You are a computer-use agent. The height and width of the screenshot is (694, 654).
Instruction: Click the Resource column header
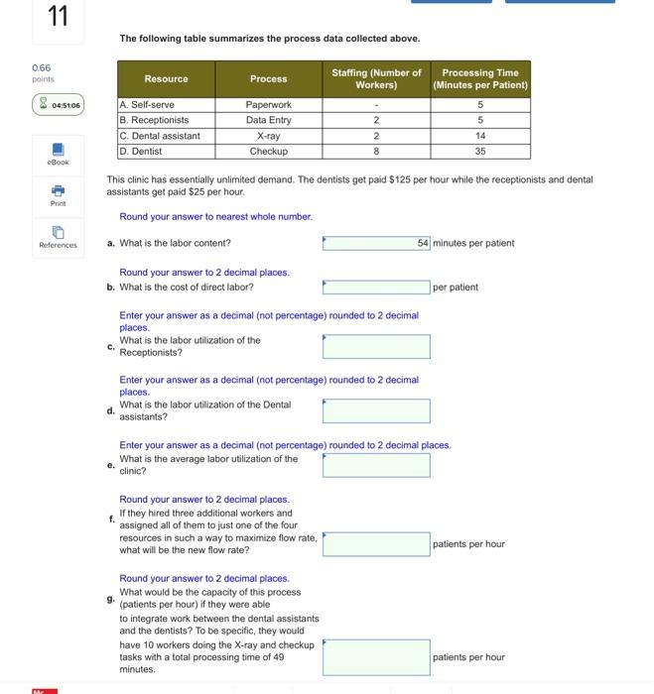166,78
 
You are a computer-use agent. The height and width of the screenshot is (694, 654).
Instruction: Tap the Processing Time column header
479,78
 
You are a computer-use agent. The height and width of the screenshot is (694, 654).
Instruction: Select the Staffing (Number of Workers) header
376,78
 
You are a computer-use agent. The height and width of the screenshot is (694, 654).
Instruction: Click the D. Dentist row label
141,152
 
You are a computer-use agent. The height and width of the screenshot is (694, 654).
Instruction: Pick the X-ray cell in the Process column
268,136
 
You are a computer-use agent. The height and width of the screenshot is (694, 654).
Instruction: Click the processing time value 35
479,152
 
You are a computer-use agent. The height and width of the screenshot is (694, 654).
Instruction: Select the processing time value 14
479,136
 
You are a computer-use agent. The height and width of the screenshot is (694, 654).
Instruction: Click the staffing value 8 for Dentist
376,152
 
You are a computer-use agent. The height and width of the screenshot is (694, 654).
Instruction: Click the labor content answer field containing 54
376,243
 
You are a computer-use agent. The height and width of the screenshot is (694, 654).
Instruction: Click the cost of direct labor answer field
376,288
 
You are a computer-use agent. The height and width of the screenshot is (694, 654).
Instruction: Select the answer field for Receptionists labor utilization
376,346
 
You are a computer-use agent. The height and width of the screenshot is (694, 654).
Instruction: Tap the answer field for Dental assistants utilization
376,410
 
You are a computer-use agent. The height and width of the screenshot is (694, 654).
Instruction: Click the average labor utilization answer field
376,464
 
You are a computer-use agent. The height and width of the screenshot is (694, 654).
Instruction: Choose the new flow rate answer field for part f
376,543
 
